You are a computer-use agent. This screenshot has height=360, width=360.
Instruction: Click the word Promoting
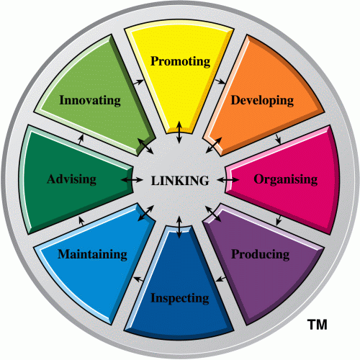click(x=181, y=61)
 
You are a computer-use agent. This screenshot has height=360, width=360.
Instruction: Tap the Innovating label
click(x=90, y=100)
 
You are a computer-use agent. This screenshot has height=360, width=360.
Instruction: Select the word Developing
click(x=262, y=101)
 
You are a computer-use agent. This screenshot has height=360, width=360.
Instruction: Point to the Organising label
click(x=286, y=179)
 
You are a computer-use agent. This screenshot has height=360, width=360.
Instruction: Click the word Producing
click(x=261, y=254)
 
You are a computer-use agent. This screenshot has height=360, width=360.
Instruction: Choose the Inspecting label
click(x=180, y=298)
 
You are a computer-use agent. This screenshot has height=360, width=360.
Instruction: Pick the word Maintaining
click(x=93, y=254)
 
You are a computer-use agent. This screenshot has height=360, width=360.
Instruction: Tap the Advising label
click(x=72, y=179)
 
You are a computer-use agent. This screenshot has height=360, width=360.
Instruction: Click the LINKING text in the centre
click(x=180, y=181)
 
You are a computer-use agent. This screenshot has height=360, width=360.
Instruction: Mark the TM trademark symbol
click(x=318, y=325)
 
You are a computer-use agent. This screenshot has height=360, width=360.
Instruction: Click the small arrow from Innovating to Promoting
click(x=138, y=82)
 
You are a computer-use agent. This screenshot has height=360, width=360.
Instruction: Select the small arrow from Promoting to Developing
click(x=220, y=81)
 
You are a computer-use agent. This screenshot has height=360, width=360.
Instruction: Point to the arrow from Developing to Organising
click(x=279, y=139)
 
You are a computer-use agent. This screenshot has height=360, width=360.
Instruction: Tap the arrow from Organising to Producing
click(x=279, y=220)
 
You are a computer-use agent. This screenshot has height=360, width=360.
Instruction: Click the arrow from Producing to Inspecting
click(x=221, y=279)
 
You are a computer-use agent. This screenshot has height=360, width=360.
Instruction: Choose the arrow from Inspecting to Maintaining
click(x=139, y=279)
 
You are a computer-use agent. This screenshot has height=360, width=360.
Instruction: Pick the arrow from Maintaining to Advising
click(x=81, y=221)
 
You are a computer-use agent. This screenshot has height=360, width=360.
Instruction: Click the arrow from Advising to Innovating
click(x=81, y=140)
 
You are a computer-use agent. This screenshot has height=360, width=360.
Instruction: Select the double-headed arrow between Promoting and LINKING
click(x=179, y=132)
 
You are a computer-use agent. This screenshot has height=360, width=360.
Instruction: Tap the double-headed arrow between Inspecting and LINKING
click(x=179, y=228)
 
